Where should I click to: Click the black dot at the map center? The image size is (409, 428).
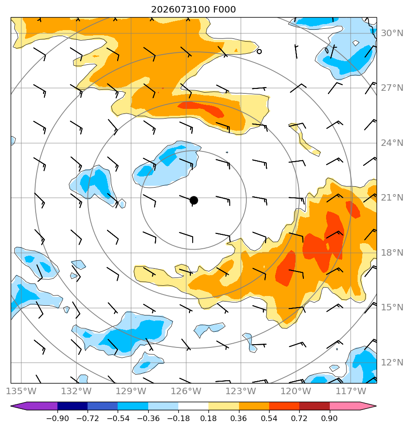(194, 201)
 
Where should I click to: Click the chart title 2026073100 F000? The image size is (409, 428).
(193, 10)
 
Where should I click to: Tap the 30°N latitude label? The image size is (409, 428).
(392, 33)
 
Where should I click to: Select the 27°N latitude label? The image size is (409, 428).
(392, 88)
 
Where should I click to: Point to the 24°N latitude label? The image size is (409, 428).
(392, 143)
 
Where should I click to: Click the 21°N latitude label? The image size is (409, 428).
(392, 198)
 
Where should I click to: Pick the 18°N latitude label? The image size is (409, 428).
(392, 253)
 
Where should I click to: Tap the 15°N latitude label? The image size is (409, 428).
(392, 308)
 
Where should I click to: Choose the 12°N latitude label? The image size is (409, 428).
(392, 363)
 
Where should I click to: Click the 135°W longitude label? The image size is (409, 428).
(21, 391)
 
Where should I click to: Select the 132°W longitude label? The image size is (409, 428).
(76, 391)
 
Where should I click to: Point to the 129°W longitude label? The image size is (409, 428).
(131, 391)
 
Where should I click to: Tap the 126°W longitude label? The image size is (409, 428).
(186, 391)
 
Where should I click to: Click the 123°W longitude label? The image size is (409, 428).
(241, 391)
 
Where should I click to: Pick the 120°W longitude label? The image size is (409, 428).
(296, 391)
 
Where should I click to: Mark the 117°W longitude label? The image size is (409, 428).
(351, 391)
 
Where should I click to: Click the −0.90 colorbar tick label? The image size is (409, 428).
(57, 418)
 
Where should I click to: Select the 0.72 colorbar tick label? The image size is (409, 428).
(299, 418)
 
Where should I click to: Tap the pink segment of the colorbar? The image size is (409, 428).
(345, 406)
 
